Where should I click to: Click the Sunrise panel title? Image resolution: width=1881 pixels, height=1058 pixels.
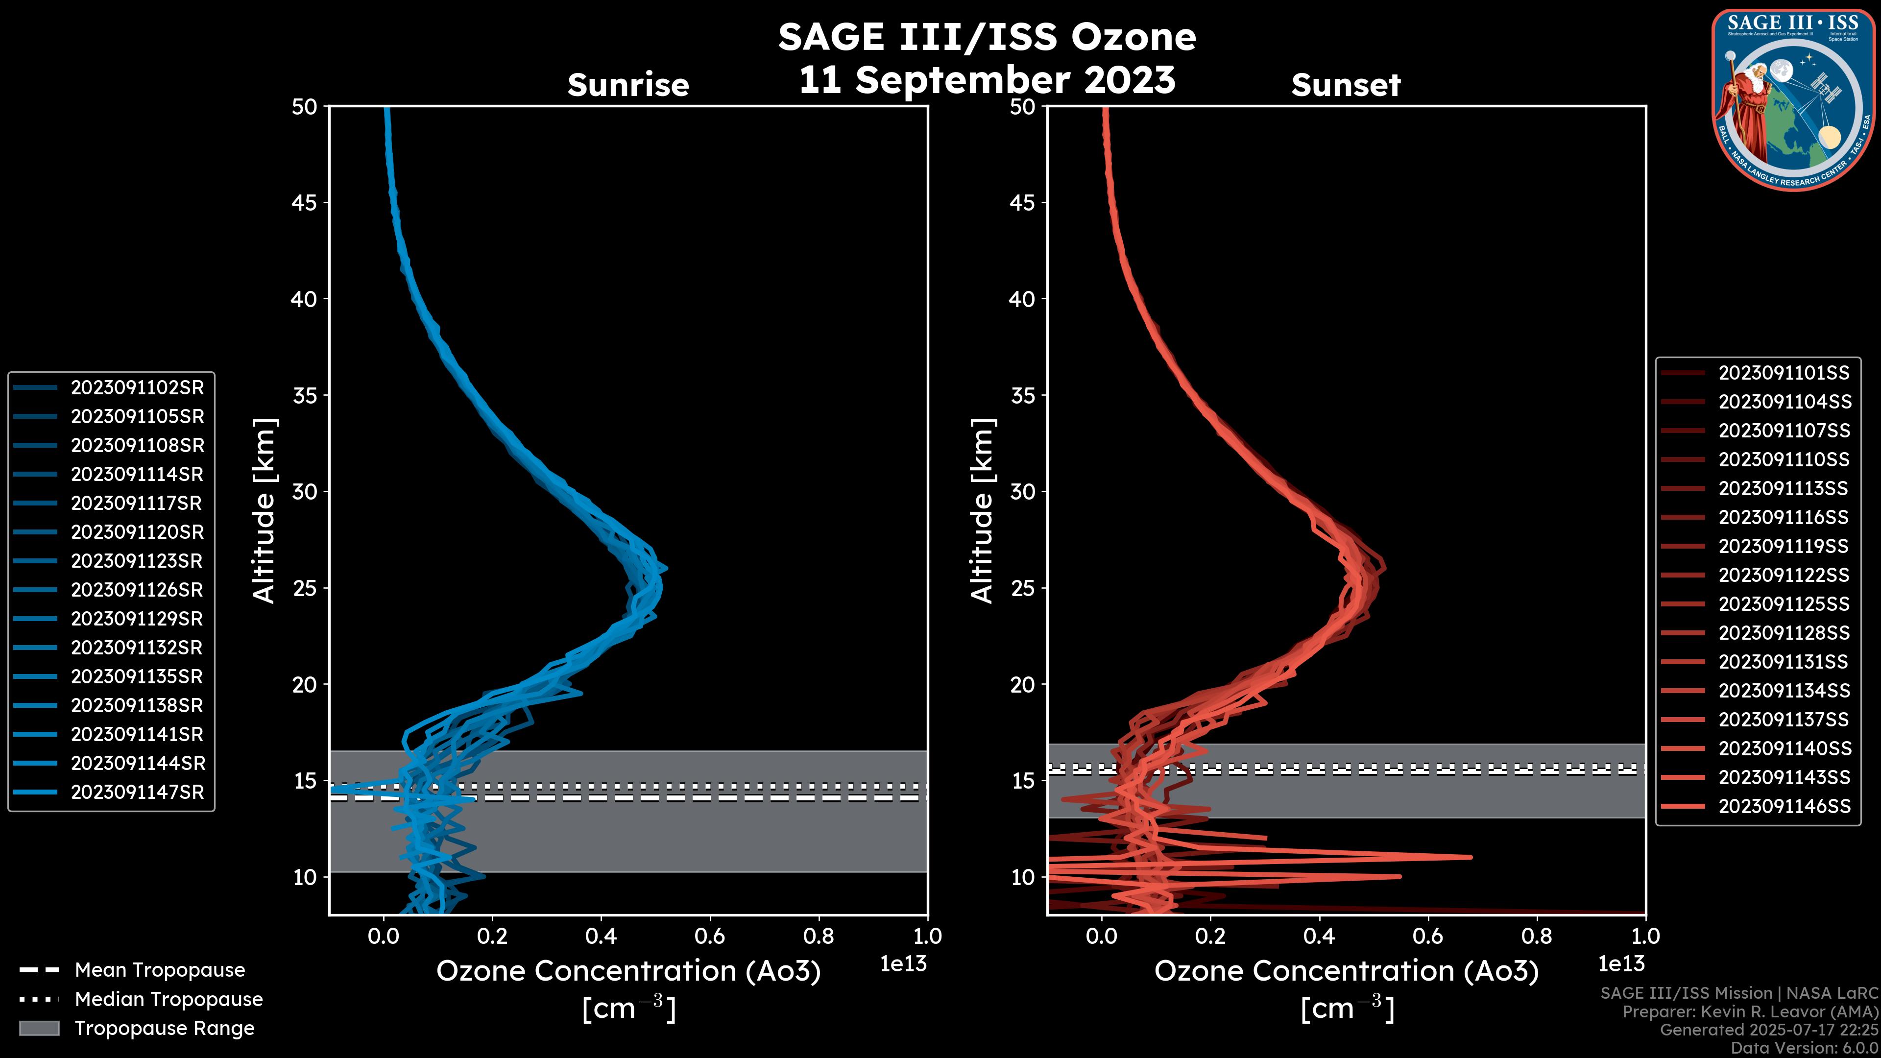628,85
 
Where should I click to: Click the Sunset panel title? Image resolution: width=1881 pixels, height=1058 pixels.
1346,85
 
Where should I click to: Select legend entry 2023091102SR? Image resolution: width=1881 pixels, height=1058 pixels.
137,388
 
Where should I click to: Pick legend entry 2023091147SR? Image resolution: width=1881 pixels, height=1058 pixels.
137,792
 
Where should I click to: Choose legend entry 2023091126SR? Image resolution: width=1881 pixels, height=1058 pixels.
137,590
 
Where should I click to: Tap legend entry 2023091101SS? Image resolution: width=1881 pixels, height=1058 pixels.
1784,373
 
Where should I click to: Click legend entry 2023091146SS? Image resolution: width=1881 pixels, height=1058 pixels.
1784,806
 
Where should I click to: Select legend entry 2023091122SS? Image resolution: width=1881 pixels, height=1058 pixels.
1784,576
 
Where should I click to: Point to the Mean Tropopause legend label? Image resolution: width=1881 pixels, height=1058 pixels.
160,970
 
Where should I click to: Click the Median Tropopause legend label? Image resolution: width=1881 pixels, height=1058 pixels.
169,1000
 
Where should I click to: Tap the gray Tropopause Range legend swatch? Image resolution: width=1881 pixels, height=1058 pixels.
39,1028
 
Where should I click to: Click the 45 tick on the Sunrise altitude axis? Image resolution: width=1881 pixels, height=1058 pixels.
305,203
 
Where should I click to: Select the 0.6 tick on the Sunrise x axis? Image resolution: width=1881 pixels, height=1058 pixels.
710,936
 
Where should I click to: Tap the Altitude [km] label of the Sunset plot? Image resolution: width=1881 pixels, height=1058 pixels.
982,511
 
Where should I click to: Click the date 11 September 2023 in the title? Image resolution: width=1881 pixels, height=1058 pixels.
987,80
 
